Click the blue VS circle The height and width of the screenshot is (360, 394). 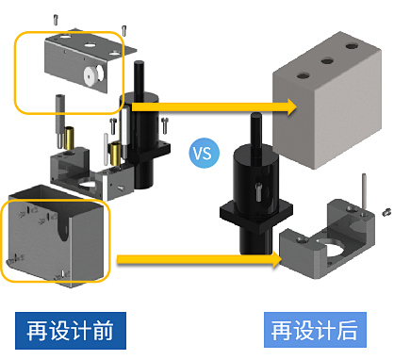(x=204, y=153)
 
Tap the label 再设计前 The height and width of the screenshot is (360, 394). (x=71, y=331)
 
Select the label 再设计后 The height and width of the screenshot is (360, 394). (x=315, y=330)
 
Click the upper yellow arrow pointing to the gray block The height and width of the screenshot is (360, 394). (x=215, y=106)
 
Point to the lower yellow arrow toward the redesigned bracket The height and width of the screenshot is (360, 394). (x=200, y=260)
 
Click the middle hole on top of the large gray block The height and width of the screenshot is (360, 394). (x=327, y=60)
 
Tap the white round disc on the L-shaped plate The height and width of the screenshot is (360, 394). (x=90, y=75)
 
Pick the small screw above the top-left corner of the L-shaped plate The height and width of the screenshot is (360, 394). (x=56, y=20)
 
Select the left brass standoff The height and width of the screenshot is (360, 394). (x=69, y=137)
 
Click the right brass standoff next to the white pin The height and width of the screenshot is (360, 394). (x=115, y=154)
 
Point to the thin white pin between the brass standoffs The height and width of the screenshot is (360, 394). (x=106, y=149)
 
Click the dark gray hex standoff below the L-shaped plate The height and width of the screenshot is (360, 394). (x=60, y=121)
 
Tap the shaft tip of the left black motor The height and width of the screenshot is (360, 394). (x=139, y=63)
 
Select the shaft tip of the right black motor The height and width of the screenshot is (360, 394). (x=256, y=116)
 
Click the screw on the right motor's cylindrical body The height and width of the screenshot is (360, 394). (x=258, y=191)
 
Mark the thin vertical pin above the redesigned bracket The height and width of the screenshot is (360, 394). (x=364, y=190)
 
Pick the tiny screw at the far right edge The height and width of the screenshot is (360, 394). (x=387, y=212)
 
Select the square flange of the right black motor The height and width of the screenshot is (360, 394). (x=256, y=215)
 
